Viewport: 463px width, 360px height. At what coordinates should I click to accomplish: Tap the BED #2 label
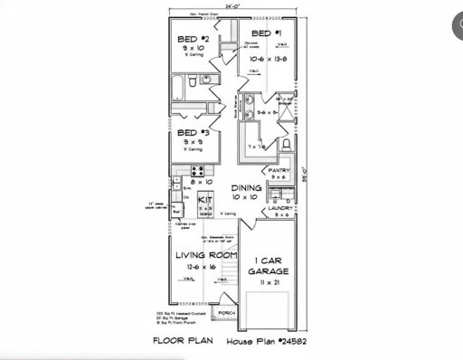(194, 39)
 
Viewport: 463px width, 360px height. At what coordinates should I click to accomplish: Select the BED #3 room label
(194, 134)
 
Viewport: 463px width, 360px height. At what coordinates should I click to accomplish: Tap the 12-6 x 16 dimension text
(202, 268)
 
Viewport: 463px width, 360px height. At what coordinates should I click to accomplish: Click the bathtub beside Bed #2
(177, 88)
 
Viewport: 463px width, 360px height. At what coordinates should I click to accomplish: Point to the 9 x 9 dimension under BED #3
(193, 142)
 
